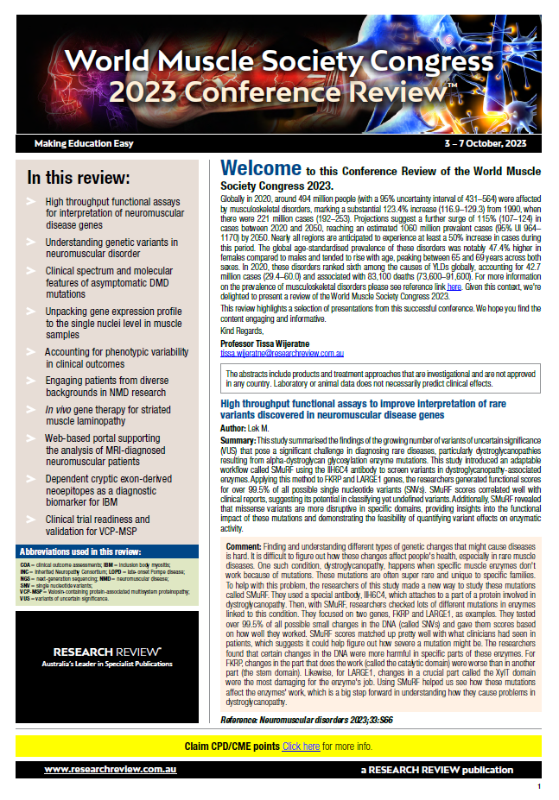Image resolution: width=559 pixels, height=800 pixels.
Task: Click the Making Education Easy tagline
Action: pos(85,142)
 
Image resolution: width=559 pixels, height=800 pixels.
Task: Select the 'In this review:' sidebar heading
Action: pos(79,179)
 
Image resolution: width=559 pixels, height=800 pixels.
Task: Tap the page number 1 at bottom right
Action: pos(538,787)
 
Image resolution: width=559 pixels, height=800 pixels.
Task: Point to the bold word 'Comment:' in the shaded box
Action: pos(244,547)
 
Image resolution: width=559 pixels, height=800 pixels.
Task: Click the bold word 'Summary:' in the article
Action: pos(243,439)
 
